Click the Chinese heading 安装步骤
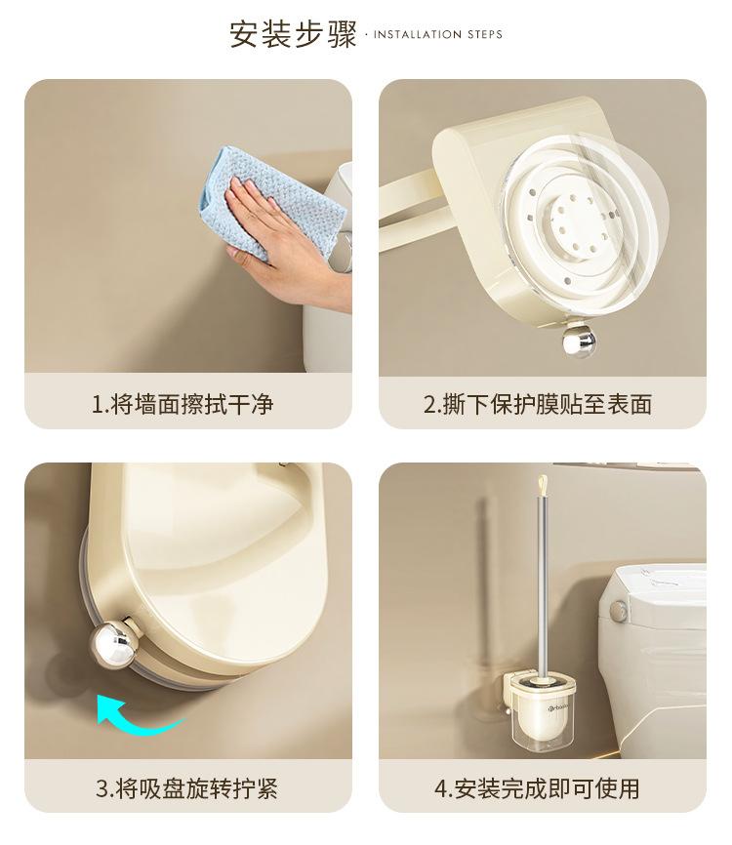click(x=293, y=34)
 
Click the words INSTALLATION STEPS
click(x=437, y=34)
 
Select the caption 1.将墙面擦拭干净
click(x=183, y=404)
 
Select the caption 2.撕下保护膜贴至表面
click(x=538, y=404)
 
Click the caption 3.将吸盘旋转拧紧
click(x=186, y=788)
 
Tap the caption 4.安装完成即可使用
click(x=538, y=788)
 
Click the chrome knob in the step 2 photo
click(x=580, y=341)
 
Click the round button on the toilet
click(x=618, y=610)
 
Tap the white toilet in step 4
click(x=652, y=658)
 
